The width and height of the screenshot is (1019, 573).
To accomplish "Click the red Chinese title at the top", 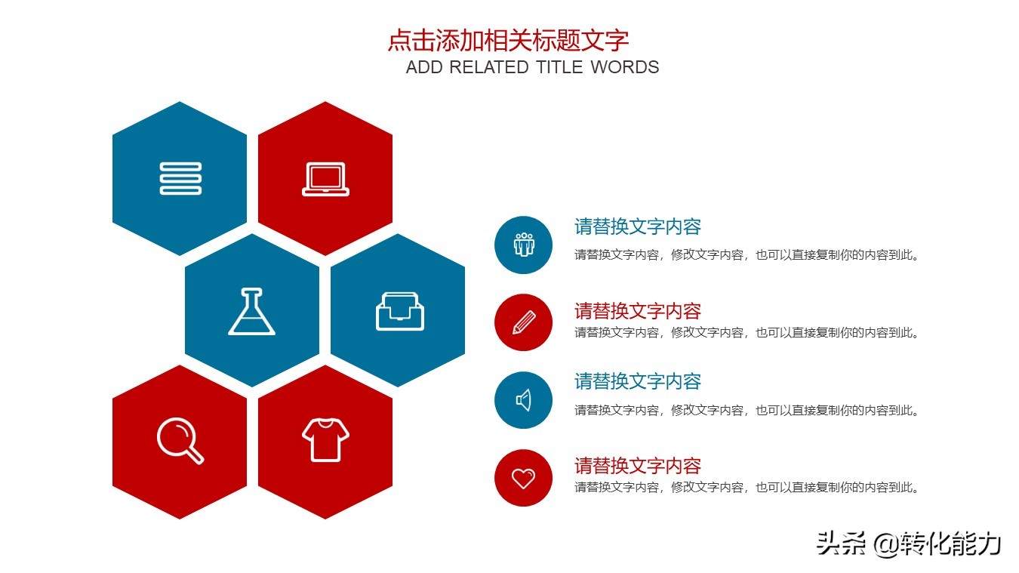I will [x=508, y=40].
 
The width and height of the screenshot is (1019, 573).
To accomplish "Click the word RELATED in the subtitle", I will [x=489, y=67].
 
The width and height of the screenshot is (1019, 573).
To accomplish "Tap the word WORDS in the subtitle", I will [x=624, y=67].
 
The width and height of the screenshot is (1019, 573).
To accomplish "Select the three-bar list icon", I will [x=180, y=179].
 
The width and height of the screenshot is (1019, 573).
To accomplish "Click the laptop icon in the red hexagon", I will [x=325, y=179].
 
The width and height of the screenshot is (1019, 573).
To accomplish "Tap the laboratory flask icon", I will [x=251, y=311].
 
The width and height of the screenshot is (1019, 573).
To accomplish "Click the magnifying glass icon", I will [x=180, y=441].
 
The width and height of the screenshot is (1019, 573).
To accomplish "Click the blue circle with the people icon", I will [x=523, y=245].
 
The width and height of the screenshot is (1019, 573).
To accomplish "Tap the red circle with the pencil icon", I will [x=523, y=322].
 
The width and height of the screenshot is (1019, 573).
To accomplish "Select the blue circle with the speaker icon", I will [x=523, y=400].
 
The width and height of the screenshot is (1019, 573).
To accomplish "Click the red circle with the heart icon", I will [x=523, y=478].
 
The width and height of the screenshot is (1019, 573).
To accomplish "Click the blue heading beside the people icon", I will [x=638, y=226].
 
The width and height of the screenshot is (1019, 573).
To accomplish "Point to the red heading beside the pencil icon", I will [x=638, y=311].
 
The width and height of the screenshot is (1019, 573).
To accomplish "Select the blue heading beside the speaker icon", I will [x=638, y=381].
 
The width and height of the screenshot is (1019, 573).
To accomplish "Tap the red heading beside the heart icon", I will [x=638, y=465].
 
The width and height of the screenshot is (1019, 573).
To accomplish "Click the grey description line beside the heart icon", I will [x=747, y=488].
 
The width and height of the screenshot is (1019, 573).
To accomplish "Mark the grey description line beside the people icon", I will [x=747, y=255].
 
